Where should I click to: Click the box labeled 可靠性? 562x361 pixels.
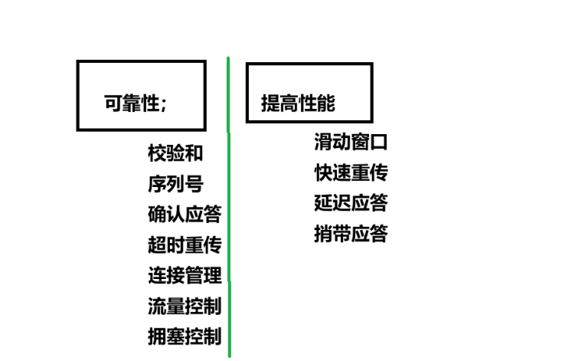(141, 95)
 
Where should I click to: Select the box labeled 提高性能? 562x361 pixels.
(309, 93)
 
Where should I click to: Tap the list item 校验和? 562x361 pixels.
(175, 153)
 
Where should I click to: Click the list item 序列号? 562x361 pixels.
(175, 184)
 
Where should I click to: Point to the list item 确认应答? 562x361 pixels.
(185, 215)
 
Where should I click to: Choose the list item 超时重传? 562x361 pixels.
(185, 245)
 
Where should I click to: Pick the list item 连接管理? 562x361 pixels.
(185, 275)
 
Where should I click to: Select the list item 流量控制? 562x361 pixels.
(185, 306)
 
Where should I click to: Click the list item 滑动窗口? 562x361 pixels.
(351, 143)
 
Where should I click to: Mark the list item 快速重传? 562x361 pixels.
(351, 173)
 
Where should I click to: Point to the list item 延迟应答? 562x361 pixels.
(351, 203)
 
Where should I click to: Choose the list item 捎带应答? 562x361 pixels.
(351, 233)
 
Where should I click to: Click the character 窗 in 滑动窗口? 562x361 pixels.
(360, 143)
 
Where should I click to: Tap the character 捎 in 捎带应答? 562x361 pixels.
(323, 233)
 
